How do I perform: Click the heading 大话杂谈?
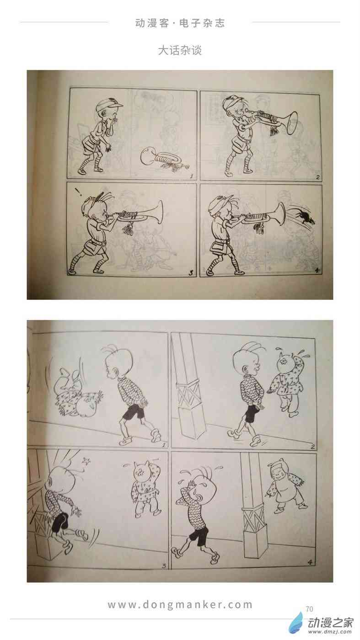(x=180, y=51)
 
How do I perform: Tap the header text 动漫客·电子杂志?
(x=180, y=23)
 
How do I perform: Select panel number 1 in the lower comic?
(x=164, y=445)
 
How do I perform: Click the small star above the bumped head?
(x=85, y=461)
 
